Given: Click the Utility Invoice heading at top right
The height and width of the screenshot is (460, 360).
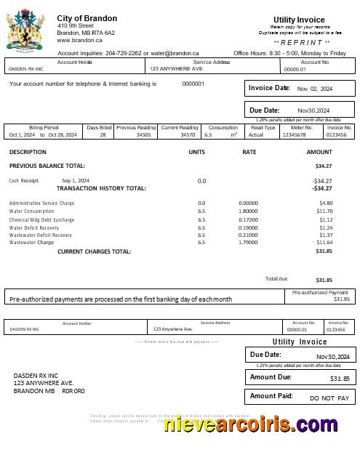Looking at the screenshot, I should [300, 20].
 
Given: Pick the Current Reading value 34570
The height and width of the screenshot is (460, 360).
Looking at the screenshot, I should [188, 135].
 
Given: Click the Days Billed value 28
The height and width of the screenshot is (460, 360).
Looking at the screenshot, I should [103, 135].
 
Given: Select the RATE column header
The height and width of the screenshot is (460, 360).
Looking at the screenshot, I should [249, 153].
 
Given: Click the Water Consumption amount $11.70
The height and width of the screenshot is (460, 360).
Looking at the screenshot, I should [324, 211].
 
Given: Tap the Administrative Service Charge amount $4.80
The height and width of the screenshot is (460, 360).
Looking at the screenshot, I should [326, 203].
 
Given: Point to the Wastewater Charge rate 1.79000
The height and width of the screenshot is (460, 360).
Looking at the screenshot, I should [249, 243].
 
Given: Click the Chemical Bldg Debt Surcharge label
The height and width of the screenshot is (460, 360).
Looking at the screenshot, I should [41, 219].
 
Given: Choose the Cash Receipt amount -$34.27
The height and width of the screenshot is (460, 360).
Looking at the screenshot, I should [322, 180].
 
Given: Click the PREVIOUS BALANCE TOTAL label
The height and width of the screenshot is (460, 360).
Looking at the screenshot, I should [47, 166].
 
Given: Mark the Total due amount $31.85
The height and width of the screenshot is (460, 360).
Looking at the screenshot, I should [324, 280].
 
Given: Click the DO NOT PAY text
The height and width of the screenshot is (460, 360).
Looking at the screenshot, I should [329, 398].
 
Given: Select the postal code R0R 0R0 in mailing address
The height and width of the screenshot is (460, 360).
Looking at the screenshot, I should [73, 391].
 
